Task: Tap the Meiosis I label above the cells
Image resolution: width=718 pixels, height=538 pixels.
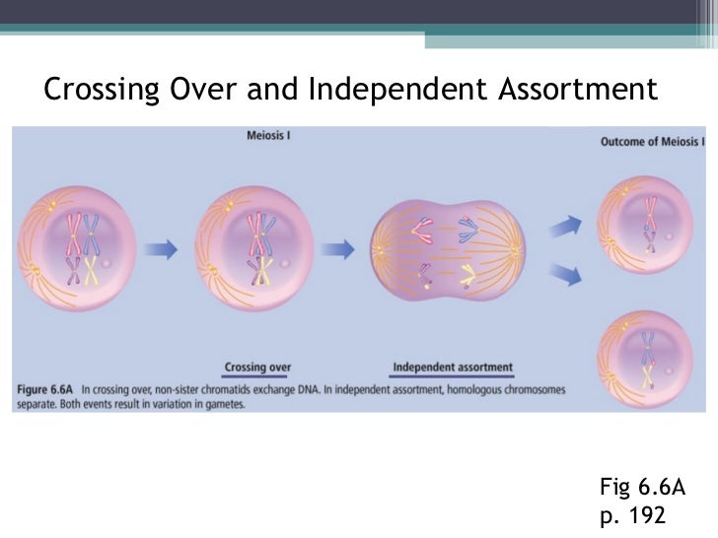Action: point(267,135)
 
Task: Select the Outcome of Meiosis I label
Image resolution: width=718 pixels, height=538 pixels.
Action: point(652,143)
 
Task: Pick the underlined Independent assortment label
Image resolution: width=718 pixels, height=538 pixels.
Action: point(453,369)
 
